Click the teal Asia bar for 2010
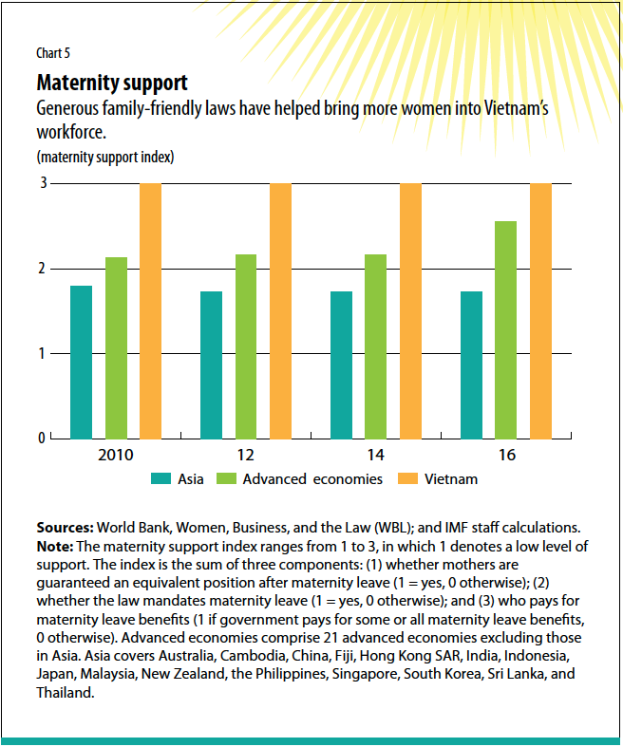point(82,362)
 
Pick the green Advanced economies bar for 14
point(376,346)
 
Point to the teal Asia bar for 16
point(471,364)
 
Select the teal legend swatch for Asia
point(160,479)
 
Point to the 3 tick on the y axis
point(43,183)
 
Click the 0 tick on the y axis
point(43,439)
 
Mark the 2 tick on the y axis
point(43,269)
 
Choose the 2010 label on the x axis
point(116,456)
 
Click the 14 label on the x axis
point(377,456)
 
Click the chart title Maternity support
point(111,83)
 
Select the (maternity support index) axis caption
point(105,156)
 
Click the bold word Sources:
point(65,527)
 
